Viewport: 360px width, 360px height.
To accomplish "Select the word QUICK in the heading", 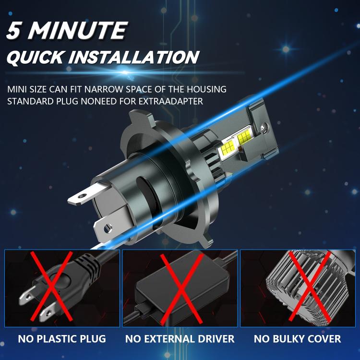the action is pos(35,57).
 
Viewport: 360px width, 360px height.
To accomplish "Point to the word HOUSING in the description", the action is pos(206,89).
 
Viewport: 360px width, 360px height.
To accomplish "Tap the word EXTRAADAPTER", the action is pos(170,101).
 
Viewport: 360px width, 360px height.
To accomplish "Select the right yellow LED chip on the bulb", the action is pos(245,137).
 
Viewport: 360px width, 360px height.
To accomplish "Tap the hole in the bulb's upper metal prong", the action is pos(82,196).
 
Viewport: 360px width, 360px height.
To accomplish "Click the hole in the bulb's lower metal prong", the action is pos(108,228).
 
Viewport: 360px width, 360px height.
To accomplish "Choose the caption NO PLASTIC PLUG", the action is pos(62,339).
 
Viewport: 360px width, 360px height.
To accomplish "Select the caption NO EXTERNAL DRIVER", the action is pos(180,339).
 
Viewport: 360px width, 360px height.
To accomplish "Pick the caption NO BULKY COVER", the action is pos(297,339).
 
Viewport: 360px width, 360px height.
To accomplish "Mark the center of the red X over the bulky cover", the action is pos(310,286).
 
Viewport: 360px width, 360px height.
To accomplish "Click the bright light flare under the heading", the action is pos(125,72).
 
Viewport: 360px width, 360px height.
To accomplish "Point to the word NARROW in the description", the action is pos(104,89).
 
